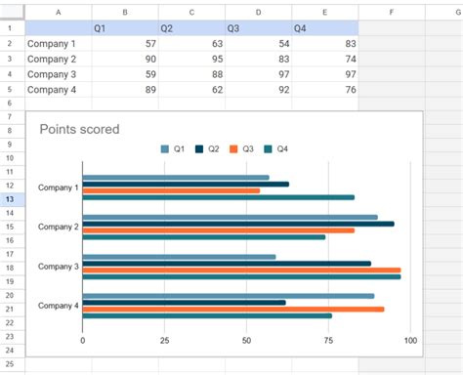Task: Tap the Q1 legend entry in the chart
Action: pos(172,149)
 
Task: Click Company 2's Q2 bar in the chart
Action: pos(238,224)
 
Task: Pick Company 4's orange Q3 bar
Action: pos(232,309)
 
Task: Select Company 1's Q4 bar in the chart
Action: pos(218,197)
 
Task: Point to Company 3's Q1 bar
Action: pos(179,257)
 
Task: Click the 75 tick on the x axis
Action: pos(328,341)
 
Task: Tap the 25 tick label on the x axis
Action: pos(164,341)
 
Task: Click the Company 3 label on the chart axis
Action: pos(57,267)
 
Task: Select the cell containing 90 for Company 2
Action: pos(123,59)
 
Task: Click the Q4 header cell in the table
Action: pos(324,28)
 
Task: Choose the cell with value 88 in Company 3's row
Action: pos(190,74)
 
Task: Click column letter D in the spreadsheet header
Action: pos(258,12)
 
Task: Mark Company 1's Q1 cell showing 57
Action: pos(123,44)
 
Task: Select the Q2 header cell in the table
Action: pos(190,28)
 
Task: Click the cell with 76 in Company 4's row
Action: pos(324,90)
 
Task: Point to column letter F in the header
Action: pos(391,12)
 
